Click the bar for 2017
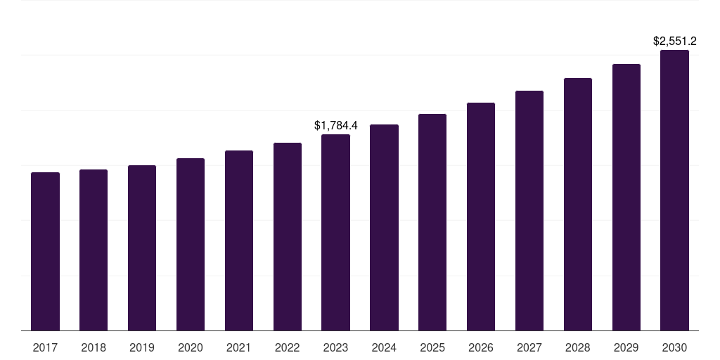coord(45,251)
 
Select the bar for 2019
coord(142,247)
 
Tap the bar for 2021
coord(239,240)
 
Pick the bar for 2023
coord(335,232)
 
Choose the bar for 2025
coord(432,222)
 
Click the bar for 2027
coord(529,210)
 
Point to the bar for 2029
coord(626,197)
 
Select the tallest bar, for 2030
coord(674,190)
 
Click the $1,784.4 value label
coord(335,126)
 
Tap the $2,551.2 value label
coord(674,41)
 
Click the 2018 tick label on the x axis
coord(94,347)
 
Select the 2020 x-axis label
coord(191,347)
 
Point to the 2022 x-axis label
coord(288,347)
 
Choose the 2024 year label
coord(384,347)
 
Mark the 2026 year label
coord(481,347)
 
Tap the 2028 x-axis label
coord(578,347)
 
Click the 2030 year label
coord(674,347)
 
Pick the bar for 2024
coord(384,227)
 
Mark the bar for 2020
coord(191,244)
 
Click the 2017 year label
coord(45,347)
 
